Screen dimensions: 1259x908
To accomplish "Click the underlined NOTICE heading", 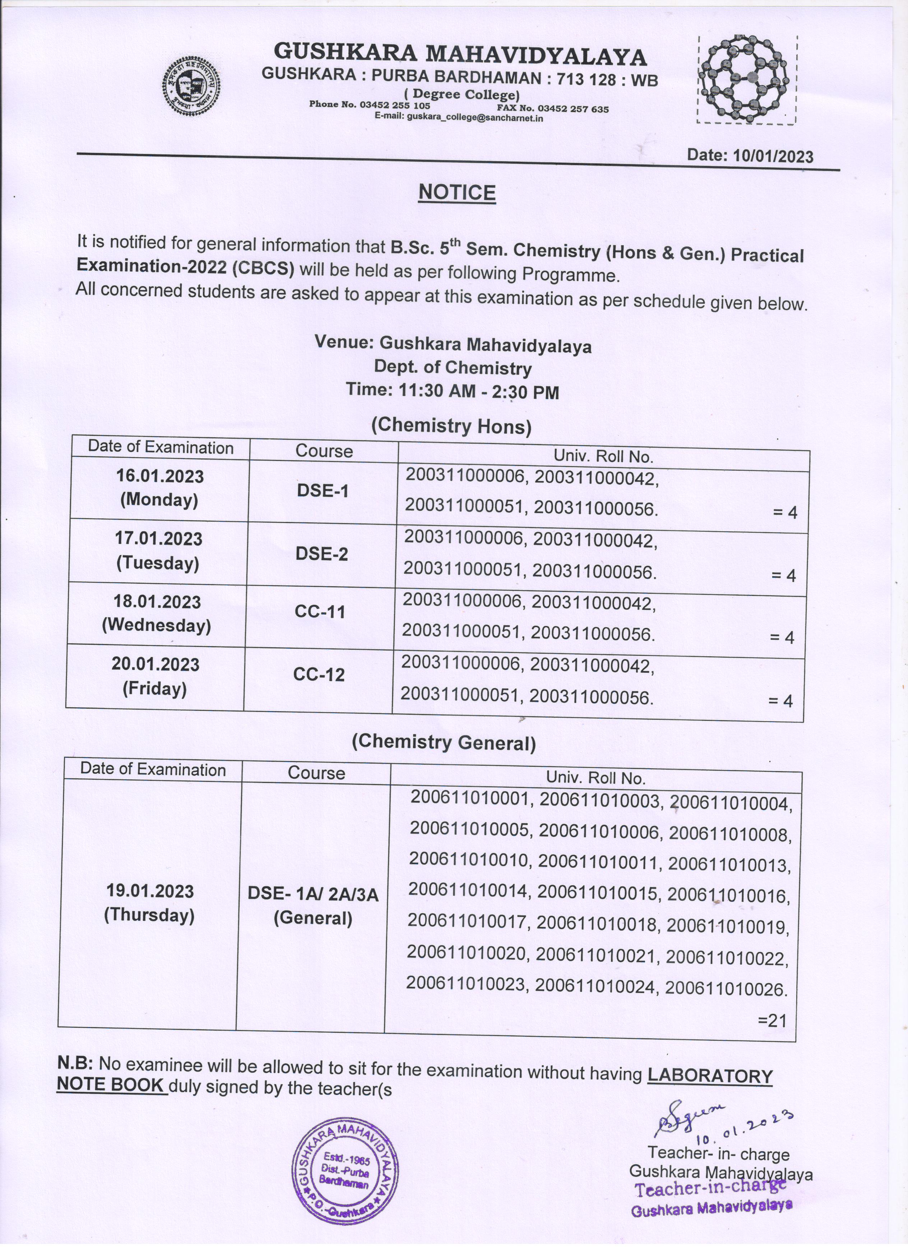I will pos(457,193).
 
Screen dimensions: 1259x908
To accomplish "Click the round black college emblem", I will pos(190,88).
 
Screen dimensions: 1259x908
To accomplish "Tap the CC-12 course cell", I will pos(319,675).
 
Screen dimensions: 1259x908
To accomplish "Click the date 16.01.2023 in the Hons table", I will pos(160,476).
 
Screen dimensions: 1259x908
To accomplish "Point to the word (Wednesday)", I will pos(157,626).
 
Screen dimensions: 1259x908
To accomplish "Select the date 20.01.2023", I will pos(156,665).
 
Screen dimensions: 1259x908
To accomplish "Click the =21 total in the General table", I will pos(772,1020).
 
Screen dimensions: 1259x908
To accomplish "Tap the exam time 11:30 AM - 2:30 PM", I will pos(453,391).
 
